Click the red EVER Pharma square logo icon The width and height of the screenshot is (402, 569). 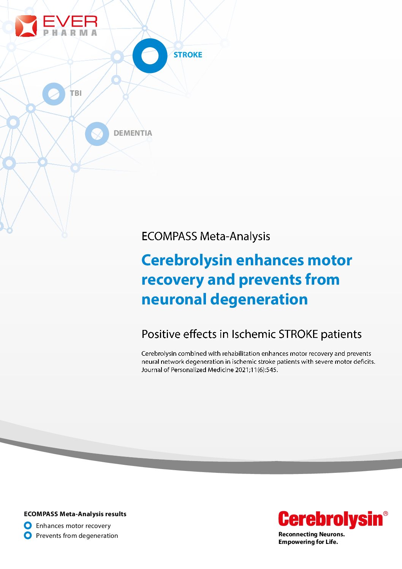point(26,26)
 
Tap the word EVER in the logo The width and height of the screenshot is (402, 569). point(70,21)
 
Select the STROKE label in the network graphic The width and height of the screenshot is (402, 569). point(188,55)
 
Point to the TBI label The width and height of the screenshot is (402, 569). point(76,93)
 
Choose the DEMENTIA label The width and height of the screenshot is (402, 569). point(133,133)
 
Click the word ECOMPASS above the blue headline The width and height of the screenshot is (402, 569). point(169,236)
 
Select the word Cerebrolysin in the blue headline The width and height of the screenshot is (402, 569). point(187,261)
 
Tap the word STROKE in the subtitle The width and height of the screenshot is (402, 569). point(298,334)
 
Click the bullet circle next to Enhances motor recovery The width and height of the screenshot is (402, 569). point(28,525)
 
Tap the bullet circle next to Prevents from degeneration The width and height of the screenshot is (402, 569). point(28,535)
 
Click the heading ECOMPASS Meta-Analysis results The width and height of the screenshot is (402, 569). point(75,514)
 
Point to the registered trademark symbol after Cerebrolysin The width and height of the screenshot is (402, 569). point(385,514)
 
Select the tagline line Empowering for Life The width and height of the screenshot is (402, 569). point(308,542)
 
